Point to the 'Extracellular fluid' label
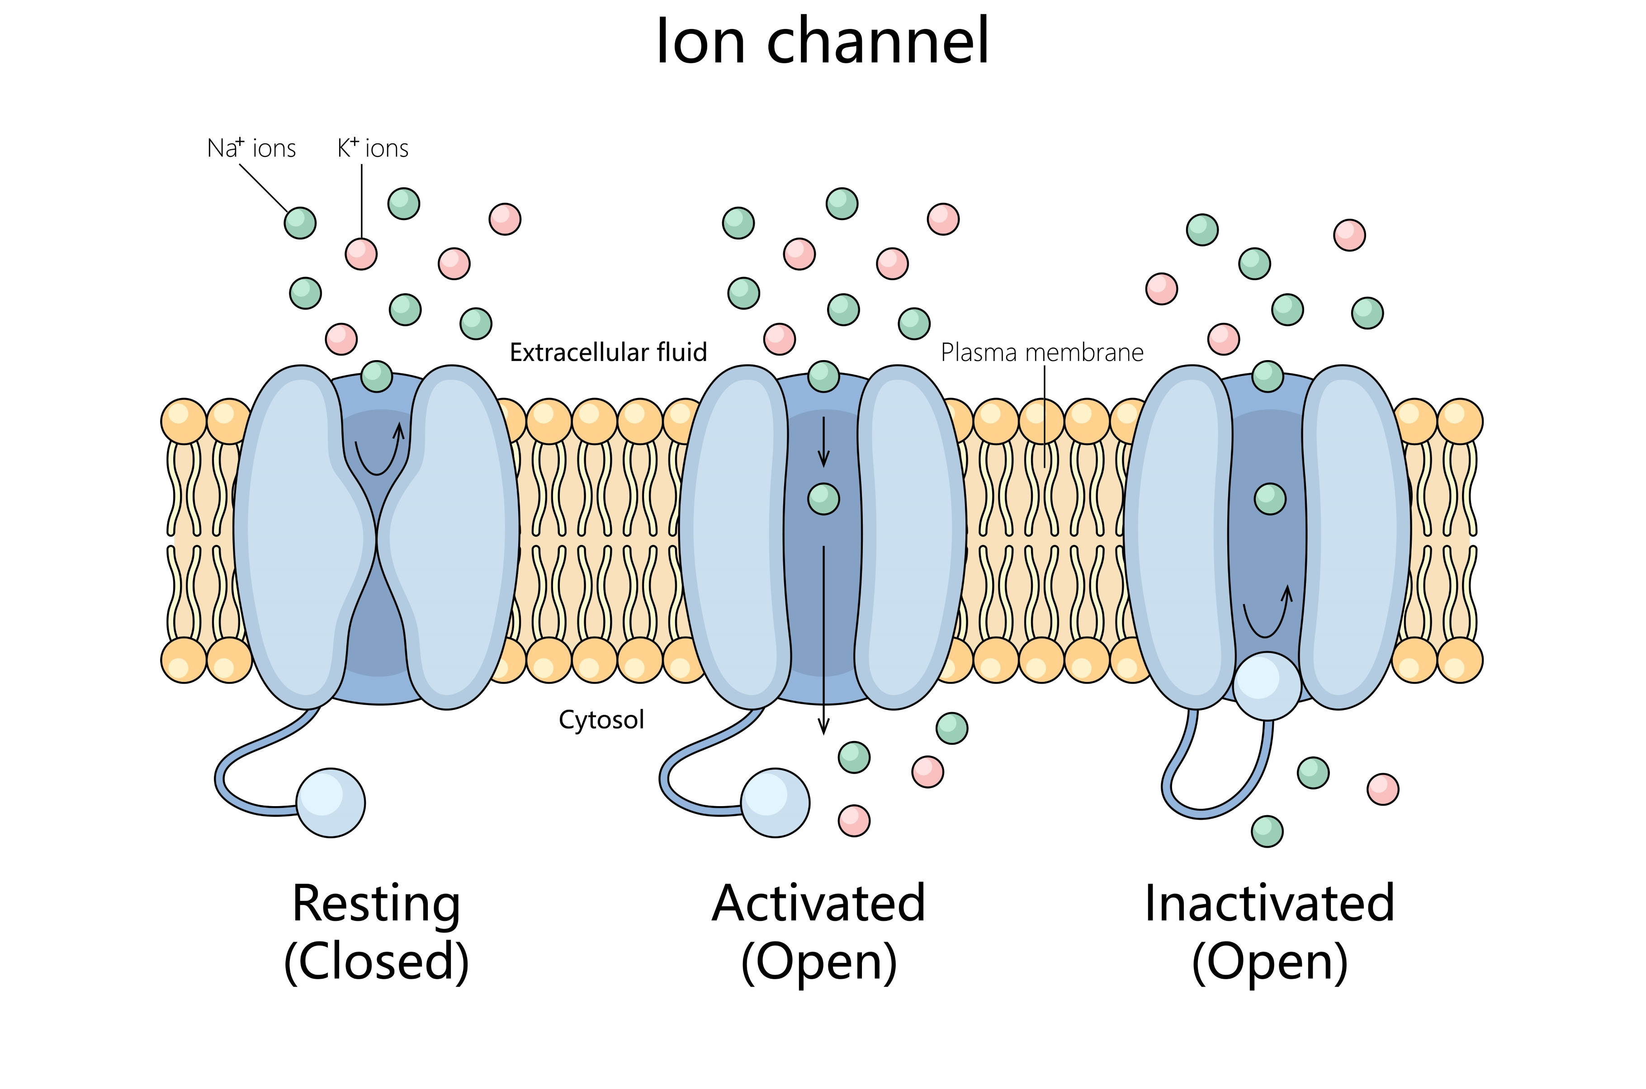[x=608, y=353]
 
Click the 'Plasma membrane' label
[x=1041, y=353]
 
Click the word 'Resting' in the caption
[x=376, y=904]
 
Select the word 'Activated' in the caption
[x=818, y=904]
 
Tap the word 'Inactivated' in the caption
[x=1269, y=904]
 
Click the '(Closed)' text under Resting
[x=376, y=962]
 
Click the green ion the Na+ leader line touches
[x=300, y=223]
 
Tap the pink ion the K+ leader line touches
[x=361, y=253]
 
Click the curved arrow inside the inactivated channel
[x=1266, y=615]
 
